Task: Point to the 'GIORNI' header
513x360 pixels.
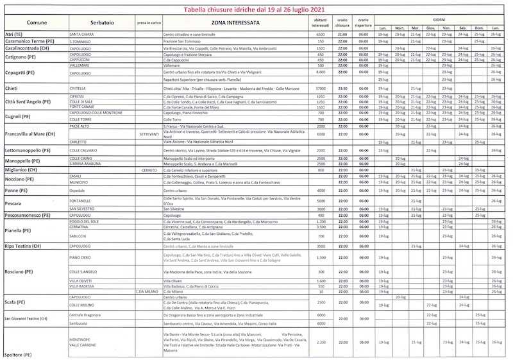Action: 439,20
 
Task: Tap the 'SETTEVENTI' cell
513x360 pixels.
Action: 148,134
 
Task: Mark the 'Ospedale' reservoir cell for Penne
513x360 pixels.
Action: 79,191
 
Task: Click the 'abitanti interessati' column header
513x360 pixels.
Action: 322,23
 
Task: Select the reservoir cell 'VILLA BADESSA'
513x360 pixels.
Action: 85,286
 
